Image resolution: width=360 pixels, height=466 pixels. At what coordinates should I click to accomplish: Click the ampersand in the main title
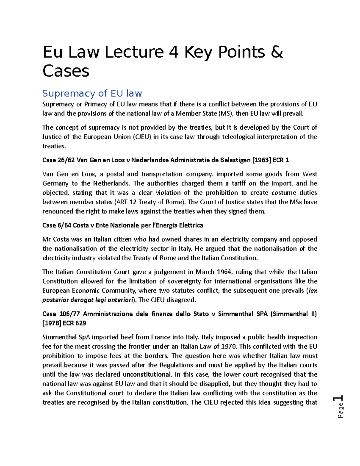(x=276, y=52)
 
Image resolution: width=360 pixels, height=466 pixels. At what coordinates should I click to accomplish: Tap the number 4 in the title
(x=174, y=52)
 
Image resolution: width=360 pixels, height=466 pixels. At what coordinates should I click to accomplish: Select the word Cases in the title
(x=66, y=71)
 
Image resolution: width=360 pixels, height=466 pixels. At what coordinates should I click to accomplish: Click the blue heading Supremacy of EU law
(x=92, y=93)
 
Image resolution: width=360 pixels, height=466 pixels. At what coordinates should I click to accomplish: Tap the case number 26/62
(x=67, y=160)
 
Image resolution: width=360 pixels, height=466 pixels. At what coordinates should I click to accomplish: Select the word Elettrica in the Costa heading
(x=191, y=225)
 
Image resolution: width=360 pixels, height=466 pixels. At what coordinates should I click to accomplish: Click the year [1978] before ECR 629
(x=52, y=323)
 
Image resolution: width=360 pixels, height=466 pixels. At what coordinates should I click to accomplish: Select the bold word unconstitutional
(x=147, y=374)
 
